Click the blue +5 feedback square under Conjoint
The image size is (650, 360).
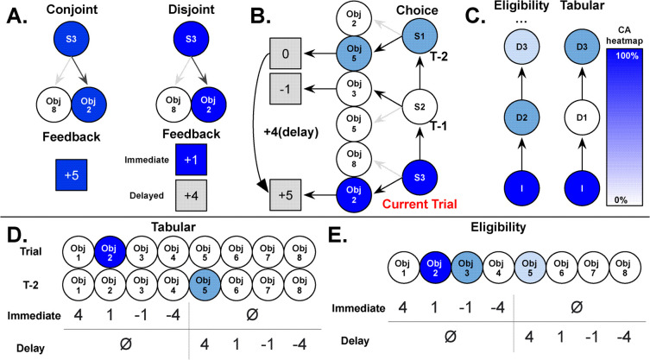72,174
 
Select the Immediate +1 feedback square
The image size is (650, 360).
191,160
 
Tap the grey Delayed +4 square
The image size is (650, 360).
191,195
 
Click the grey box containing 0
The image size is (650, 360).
286,54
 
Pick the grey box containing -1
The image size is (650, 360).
286,89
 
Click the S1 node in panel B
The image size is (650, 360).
420,36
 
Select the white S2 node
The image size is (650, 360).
420,106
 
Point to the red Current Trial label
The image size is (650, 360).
420,204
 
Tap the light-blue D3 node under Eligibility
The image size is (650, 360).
521,47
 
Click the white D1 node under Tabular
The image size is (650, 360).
582,117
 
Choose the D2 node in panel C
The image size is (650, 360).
521,117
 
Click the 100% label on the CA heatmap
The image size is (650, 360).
627,55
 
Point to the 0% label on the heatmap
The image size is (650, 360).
621,200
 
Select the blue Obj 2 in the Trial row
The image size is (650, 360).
109,252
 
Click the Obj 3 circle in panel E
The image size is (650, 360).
466,268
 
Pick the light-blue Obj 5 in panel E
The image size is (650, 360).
529,268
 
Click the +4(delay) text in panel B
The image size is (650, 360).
291,132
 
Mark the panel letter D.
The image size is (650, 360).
18,235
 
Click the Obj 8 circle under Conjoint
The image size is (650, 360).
54,105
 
